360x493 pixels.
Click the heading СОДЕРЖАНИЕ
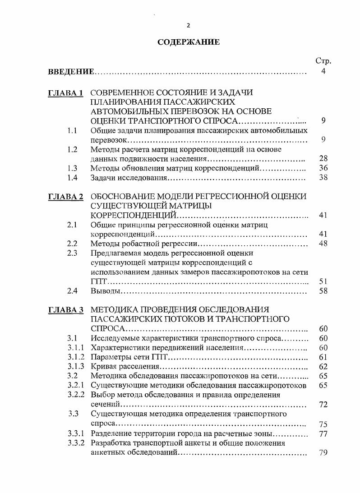(189, 42)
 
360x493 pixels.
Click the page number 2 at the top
(189, 25)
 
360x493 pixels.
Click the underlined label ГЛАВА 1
(66, 93)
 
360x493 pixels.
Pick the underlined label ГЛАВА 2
(66, 197)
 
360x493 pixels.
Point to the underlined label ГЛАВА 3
(66, 310)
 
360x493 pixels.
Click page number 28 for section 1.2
(323, 159)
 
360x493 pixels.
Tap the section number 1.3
(72, 168)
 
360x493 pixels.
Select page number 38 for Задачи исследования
(323, 178)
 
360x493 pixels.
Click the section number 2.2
(72, 244)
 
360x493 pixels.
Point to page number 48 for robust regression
(323, 244)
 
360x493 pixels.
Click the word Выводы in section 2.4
(105, 291)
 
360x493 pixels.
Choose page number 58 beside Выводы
(323, 291)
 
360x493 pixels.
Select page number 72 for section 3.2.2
(323, 405)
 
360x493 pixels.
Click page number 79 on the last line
(323, 453)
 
